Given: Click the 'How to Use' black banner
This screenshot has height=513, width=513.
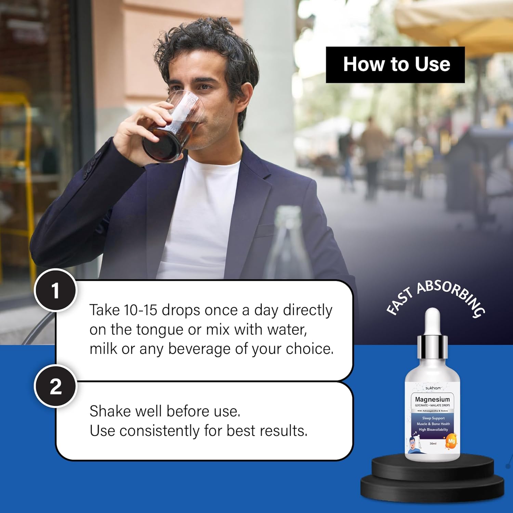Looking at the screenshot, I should tap(395, 65).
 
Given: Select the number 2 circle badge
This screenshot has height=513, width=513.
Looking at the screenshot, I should tap(55, 386).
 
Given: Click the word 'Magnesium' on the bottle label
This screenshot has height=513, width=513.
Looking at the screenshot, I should tap(432, 399).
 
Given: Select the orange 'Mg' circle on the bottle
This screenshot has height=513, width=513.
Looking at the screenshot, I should tap(451, 441).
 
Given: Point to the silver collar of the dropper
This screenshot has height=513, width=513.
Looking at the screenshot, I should tap(432, 347).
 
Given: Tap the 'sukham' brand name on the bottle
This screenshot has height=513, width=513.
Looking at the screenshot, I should tap(433, 388).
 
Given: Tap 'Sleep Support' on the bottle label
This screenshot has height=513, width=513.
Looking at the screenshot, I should tap(433, 418).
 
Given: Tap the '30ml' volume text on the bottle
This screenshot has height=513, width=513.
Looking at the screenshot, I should tap(433, 444).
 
